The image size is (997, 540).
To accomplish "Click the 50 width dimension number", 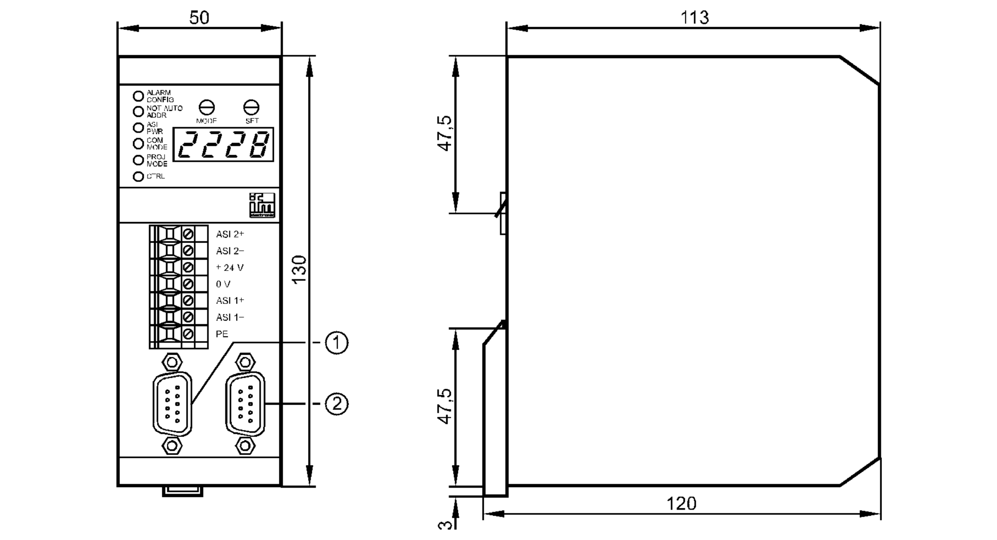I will [x=199, y=18].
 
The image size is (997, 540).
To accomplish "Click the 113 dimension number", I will [x=694, y=18].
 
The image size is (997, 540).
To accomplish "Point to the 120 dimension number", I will [x=681, y=504].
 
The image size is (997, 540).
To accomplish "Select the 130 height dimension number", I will [x=299, y=270].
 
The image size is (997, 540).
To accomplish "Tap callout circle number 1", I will [x=336, y=343].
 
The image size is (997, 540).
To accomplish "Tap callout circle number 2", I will [x=336, y=403].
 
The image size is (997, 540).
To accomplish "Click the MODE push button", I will [x=206, y=107].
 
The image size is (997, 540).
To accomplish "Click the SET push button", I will [x=251, y=107].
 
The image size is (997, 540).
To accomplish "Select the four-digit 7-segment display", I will [x=223, y=145].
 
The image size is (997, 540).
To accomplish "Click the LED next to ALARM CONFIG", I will [x=138, y=96].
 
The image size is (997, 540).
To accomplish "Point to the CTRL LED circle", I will [x=138, y=177].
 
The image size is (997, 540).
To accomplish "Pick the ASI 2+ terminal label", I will [x=230, y=234].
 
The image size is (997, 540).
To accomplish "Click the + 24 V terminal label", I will [x=230, y=268].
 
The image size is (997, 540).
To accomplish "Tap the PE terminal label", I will [x=222, y=334].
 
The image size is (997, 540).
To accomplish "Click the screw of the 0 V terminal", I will [x=188, y=284].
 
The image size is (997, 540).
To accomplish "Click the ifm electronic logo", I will [x=262, y=205].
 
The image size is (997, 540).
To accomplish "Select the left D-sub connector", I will [x=172, y=404].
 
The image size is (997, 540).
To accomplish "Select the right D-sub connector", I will [x=245, y=404].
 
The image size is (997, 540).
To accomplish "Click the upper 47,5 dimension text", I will [x=445, y=133].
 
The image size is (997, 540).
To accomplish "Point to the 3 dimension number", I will [x=445, y=525].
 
